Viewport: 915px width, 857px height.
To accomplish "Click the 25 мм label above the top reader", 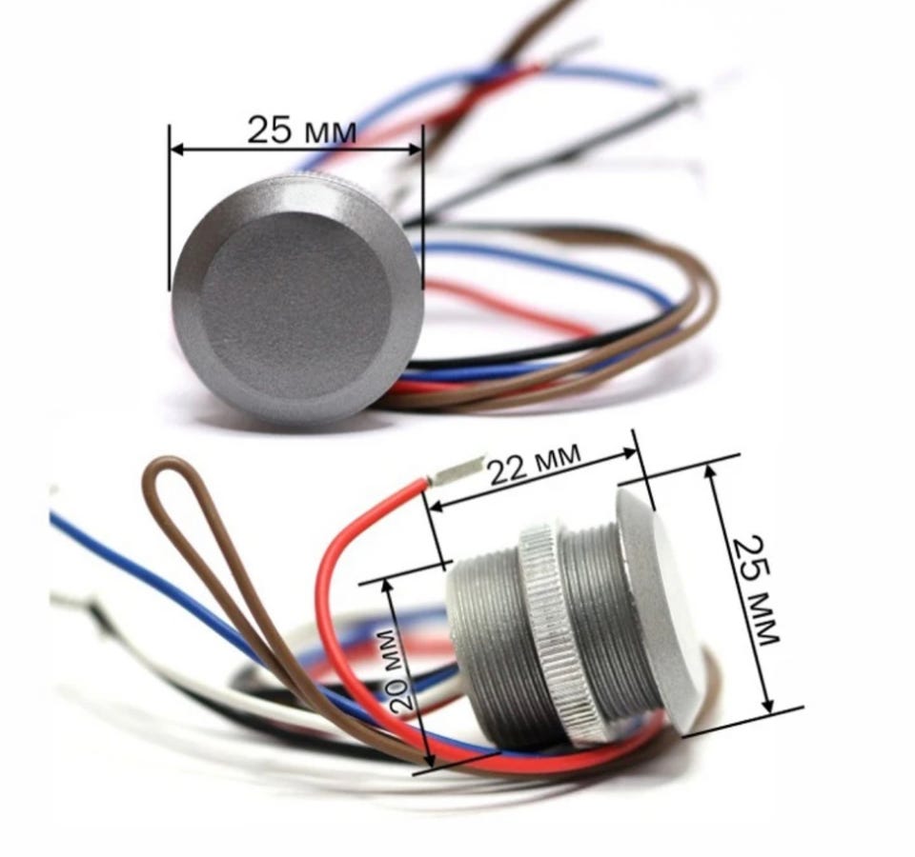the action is [301, 130].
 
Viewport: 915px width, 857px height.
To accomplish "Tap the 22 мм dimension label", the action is [535, 464].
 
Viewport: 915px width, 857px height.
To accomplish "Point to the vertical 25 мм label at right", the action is [756, 590].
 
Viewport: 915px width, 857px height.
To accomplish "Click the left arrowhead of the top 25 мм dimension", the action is [178, 149].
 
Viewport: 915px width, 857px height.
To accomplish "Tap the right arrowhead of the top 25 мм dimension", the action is [415, 149].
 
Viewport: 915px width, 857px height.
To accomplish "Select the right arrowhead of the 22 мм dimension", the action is [630, 453].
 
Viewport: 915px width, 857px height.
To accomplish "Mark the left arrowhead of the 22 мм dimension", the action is [436, 507].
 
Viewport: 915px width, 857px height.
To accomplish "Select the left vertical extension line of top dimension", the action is [170, 207].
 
